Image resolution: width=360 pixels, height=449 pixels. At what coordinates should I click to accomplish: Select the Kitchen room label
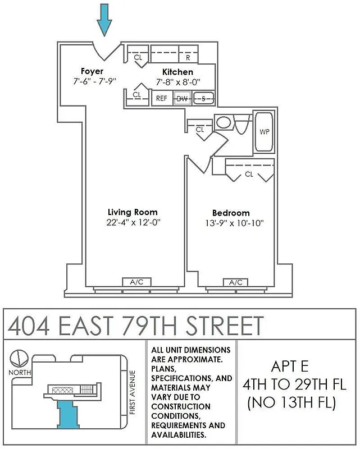177,72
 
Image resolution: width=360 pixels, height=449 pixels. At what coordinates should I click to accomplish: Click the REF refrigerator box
162,99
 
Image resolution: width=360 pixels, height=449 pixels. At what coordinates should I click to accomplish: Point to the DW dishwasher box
182,99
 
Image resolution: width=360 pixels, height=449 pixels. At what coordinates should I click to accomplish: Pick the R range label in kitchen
188,57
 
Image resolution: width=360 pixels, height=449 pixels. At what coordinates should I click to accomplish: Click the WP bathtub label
263,132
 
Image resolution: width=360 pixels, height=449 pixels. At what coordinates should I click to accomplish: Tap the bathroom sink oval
224,123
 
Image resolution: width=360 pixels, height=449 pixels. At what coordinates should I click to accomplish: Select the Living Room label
133,212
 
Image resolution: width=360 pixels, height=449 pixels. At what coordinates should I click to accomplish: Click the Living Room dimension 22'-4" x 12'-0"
133,222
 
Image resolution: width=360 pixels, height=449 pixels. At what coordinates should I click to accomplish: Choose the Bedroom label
231,213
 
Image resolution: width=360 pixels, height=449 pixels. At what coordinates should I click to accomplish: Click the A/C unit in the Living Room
136,282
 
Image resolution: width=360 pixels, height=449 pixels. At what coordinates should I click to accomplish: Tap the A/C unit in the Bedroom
236,282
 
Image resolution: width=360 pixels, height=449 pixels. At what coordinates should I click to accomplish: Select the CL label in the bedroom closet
249,174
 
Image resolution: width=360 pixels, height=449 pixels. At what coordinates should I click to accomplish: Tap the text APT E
290,367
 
